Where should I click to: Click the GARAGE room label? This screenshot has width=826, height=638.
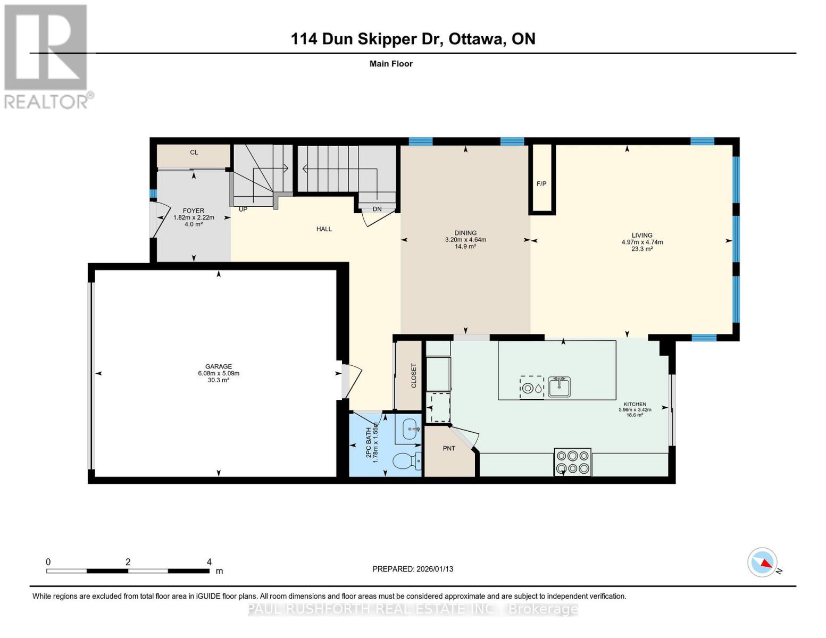coord(218,366)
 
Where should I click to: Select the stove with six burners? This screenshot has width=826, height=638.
coord(572,462)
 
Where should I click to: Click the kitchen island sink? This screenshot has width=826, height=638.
coord(559,387)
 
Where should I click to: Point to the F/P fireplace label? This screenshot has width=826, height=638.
coord(541,184)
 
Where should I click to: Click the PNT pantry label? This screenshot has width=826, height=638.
coord(449,448)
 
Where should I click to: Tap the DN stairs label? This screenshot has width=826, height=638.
coord(377,209)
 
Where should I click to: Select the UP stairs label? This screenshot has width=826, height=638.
coord(243,209)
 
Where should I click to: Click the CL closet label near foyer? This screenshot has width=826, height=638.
coord(194,153)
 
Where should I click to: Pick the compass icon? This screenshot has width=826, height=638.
coord(762,562)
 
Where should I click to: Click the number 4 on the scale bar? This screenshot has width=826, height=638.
coord(209,562)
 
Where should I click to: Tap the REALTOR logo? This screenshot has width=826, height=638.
coord(46,56)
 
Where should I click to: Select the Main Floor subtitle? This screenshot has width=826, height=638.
coord(391,64)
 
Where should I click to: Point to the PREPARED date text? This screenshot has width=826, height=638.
coord(413,569)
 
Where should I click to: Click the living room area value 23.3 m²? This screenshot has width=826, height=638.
coord(642,249)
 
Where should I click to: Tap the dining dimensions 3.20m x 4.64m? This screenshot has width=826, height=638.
coord(465,240)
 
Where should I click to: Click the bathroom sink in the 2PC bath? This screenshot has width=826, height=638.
coord(411,429)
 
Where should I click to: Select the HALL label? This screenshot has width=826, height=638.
coord(324,229)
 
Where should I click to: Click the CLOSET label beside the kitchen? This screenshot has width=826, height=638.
coord(414,375)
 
